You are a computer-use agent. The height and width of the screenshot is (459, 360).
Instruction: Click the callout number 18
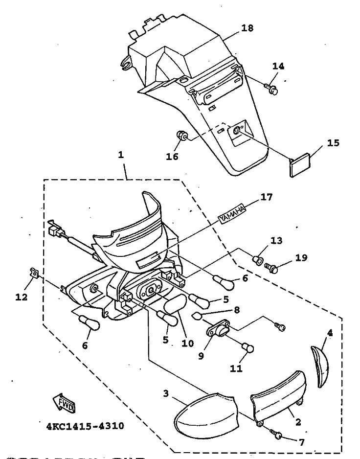247,28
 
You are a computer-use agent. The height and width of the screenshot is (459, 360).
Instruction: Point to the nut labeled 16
180,136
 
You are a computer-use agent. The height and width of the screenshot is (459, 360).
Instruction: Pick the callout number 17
267,197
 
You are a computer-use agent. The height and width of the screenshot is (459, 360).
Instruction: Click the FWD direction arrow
64,403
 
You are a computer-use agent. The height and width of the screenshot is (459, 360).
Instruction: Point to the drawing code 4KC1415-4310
85,426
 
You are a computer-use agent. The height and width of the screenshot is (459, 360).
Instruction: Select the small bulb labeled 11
247,348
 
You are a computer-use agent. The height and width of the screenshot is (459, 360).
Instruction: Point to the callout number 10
187,343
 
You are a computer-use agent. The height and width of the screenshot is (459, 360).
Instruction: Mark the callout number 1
121,155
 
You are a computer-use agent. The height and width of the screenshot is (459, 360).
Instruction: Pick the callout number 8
236,310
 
